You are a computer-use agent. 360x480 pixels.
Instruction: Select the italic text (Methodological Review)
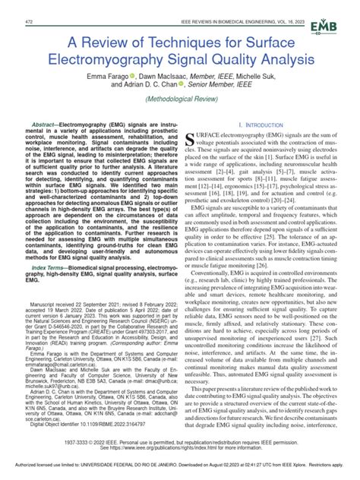point(180,99)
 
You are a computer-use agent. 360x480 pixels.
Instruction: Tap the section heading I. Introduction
point(262,124)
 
